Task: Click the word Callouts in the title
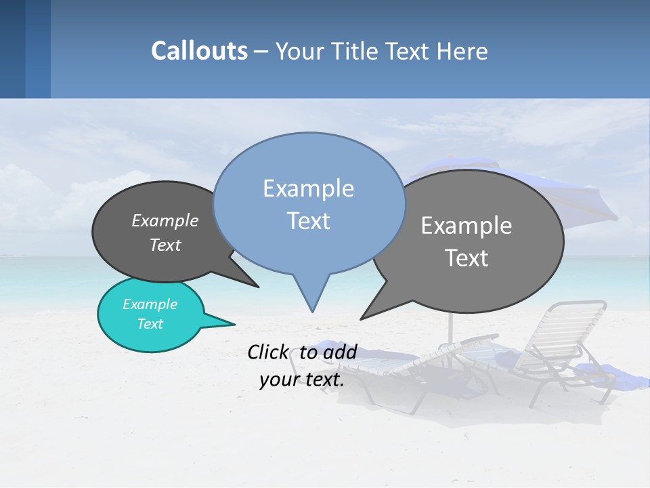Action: coord(199,51)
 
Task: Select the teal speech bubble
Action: coord(150,314)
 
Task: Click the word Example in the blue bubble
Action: coord(308,188)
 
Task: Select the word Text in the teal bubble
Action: coord(150,324)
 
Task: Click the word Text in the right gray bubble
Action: coord(467,258)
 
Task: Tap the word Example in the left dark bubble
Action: coord(165,220)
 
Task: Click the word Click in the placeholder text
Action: coord(269,352)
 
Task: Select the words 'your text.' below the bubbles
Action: coord(302,380)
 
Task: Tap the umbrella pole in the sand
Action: coord(449,325)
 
